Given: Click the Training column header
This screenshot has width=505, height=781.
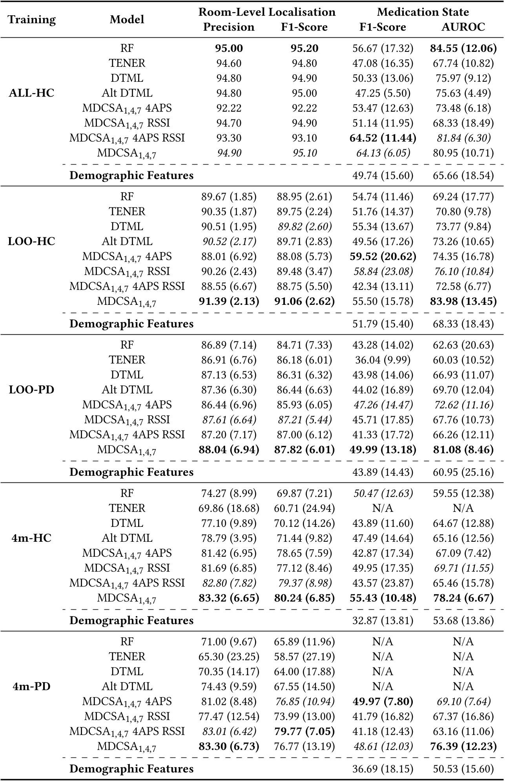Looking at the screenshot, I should pyautogui.click(x=32, y=19).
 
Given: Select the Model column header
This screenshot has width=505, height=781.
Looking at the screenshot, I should pyautogui.click(x=127, y=19).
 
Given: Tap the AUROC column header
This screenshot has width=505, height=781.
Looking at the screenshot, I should pyautogui.click(x=463, y=27).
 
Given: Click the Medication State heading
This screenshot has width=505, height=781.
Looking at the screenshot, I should pyautogui.click(x=423, y=12).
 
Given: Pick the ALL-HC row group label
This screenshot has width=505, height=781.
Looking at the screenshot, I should pyautogui.click(x=31, y=93).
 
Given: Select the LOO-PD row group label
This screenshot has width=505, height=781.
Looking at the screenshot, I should pyautogui.click(x=31, y=390).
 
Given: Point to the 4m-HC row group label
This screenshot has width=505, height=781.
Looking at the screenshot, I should pyautogui.click(x=31, y=538).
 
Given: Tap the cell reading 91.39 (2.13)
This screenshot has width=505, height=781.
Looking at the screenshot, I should pyautogui.click(x=229, y=301).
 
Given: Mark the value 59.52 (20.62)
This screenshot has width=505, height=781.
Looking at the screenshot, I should pyautogui.click(x=383, y=257).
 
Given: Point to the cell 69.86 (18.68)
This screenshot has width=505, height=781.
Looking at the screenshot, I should pyautogui.click(x=229, y=508).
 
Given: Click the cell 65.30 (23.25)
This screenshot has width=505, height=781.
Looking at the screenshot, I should pyautogui.click(x=229, y=656).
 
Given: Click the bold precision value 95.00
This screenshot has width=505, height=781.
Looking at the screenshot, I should pyautogui.click(x=229, y=48).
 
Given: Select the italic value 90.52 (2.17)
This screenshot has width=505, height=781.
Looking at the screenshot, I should pyautogui.click(x=229, y=242).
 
